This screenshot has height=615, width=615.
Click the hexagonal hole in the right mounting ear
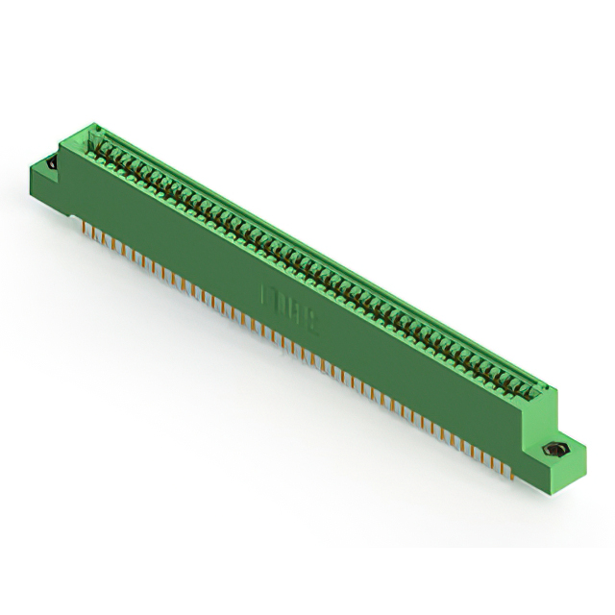(x=553, y=450)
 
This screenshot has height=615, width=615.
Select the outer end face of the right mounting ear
(x=573, y=465)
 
